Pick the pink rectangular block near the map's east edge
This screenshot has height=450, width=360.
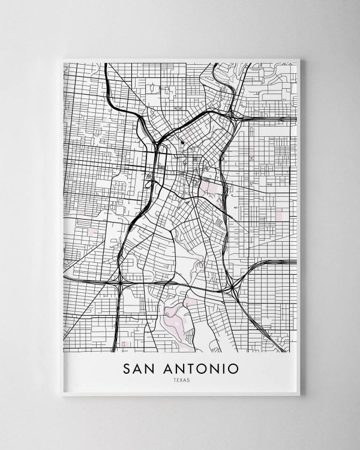[x=279, y=213]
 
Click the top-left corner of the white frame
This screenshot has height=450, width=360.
[x=62, y=58]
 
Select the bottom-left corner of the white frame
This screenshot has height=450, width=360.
[x=62, y=395]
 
